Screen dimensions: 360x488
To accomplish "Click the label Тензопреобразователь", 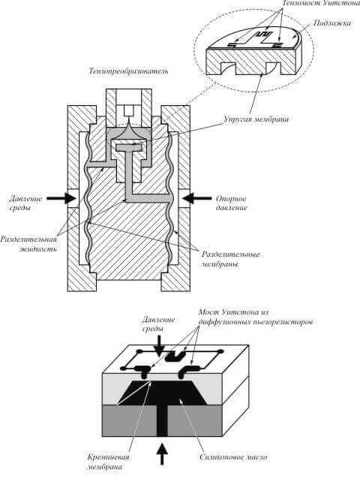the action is (x=128, y=71).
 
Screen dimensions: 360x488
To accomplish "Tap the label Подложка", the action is (x=331, y=23).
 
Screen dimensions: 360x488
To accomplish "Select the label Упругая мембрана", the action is (x=256, y=119).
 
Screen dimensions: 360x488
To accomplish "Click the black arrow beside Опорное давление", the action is (x=197, y=198).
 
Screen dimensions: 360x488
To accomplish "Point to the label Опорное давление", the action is (x=231, y=203).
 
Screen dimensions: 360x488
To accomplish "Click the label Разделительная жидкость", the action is (x=29, y=244).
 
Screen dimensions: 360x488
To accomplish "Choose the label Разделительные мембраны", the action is (x=231, y=259).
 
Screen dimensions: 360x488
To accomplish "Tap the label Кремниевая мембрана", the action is (x=108, y=462).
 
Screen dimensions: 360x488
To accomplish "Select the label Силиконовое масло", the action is (x=233, y=457).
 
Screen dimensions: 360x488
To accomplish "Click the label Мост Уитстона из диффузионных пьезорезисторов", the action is (x=255, y=317).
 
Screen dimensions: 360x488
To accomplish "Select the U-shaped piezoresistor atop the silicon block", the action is (x=175, y=357).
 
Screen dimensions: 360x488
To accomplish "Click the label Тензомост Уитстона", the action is (x=321, y=3).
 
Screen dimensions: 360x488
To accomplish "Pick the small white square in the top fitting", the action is (x=128, y=110).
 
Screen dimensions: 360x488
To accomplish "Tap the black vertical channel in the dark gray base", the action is (x=162, y=420).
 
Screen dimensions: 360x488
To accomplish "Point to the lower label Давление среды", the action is (x=158, y=324).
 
